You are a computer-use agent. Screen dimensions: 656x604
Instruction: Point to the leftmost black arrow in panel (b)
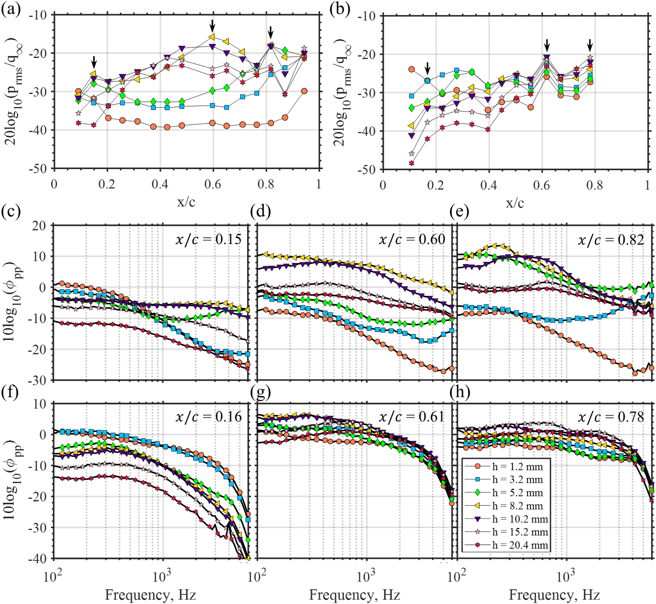(428, 69)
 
